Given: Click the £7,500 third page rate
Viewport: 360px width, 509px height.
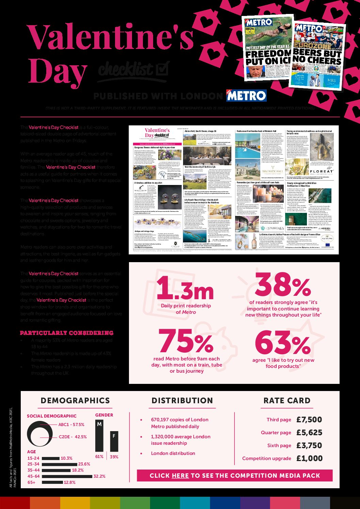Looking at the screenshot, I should [309, 420].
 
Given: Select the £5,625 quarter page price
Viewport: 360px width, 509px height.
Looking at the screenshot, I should [309, 432].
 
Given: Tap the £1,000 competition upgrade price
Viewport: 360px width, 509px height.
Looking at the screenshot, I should [309, 458].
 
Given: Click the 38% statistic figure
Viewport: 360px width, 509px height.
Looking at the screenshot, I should [283, 285].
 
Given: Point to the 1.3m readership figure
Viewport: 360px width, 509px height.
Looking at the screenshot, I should [185, 288].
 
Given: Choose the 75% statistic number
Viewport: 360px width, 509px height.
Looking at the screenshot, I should [186, 341].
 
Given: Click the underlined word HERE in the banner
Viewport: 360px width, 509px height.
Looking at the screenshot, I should [180, 476].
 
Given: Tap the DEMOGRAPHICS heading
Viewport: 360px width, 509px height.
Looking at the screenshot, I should [75, 401].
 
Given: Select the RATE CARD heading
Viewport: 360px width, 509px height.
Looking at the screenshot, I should [287, 401].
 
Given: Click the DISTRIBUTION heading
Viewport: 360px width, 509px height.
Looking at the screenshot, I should [182, 401].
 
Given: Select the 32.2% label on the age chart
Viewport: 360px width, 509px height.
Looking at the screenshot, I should [99, 476].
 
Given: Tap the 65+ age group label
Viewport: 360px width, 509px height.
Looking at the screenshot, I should [32, 482].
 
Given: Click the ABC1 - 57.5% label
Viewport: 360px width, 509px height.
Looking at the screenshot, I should [71, 425].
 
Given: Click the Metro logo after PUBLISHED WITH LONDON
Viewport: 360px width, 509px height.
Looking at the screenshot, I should [246, 96].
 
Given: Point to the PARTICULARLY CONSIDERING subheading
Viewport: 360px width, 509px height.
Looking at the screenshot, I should [67, 333].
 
